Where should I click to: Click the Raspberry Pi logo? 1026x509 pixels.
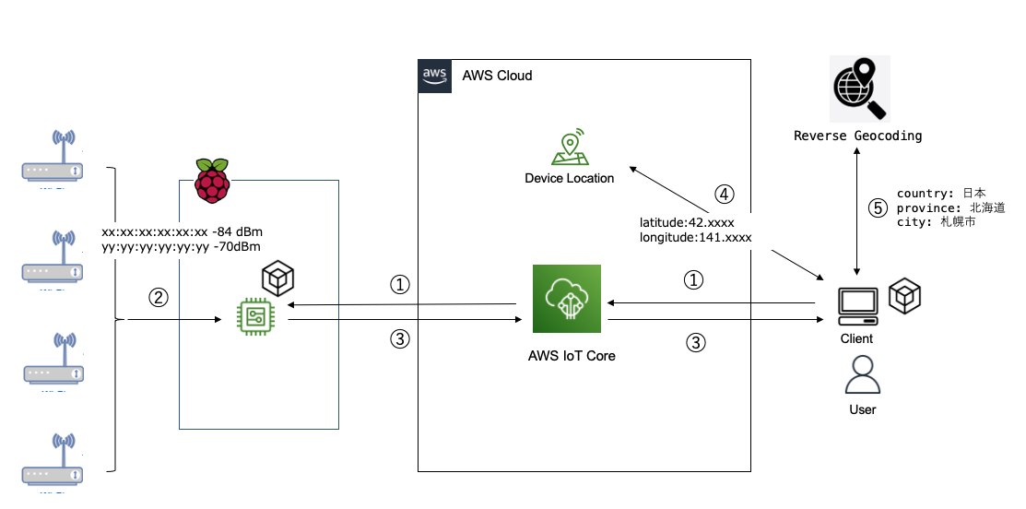pyautogui.click(x=211, y=181)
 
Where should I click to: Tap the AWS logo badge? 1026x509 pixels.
pyautogui.click(x=434, y=76)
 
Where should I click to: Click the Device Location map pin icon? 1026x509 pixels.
pyautogui.click(x=569, y=148)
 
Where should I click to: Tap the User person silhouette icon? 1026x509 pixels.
pyautogui.click(x=863, y=375)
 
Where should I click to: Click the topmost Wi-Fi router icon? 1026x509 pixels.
pyautogui.click(x=53, y=159)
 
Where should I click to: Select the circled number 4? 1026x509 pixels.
pyautogui.click(x=725, y=195)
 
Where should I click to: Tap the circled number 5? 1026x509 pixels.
pyautogui.click(x=878, y=208)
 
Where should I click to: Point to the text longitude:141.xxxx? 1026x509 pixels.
pyautogui.click(x=696, y=238)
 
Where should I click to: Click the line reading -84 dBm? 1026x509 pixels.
pyautogui.click(x=183, y=231)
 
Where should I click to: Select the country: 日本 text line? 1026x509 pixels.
pyautogui.click(x=941, y=194)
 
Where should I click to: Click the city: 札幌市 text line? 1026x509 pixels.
pyautogui.click(x=936, y=223)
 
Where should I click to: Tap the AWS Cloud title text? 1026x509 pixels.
pyautogui.click(x=497, y=76)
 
